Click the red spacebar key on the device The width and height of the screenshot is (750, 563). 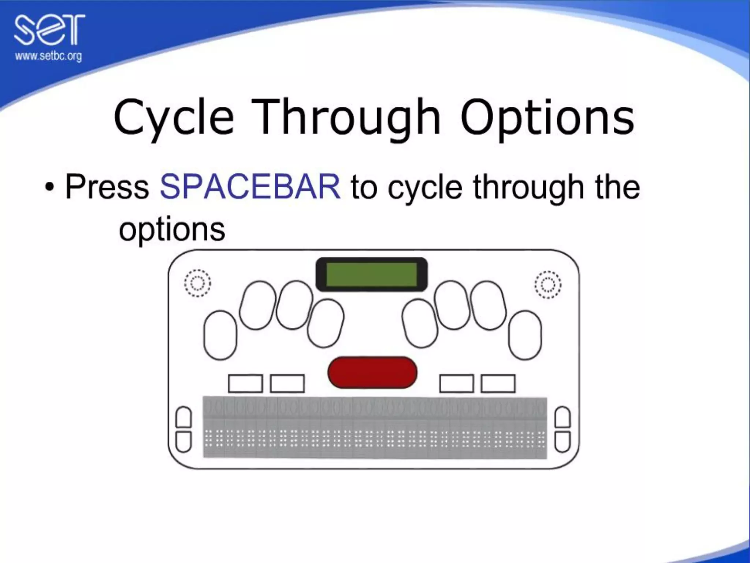(x=372, y=372)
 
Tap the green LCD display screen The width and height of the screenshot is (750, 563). (x=371, y=275)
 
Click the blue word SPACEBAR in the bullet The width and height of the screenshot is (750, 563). (x=250, y=187)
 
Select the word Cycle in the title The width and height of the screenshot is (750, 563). (x=174, y=117)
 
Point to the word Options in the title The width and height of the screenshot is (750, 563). (x=547, y=117)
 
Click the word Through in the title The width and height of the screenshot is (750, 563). (x=350, y=117)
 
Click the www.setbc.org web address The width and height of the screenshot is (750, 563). (x=48, y=56)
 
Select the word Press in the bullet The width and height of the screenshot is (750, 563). (x=107, y=187)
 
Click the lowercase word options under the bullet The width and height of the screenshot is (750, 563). (x=172, y=230)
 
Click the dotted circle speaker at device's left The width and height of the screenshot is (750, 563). (x=197, y=283)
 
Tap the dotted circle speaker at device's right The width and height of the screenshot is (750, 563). (x=548, y=285)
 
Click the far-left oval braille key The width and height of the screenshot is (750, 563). (x=220, y=335)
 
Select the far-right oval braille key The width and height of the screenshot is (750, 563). (x=525, y=335)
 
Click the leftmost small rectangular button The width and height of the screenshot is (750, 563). (x=245, y=383)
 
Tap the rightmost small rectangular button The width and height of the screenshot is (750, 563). (x=498, y=383)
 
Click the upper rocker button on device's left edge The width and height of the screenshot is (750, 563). (x=184, y=417)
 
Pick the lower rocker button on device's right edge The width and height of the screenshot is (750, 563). (x=563, y=441)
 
